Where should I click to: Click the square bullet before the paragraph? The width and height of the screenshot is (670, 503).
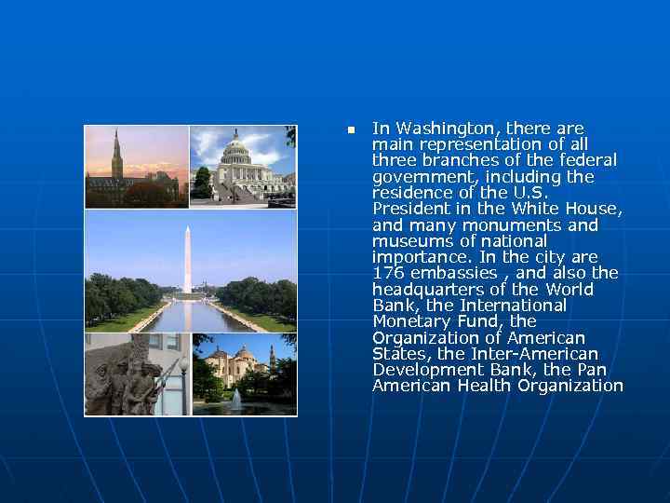[x=351, y=129]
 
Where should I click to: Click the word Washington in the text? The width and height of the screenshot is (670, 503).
[x=434, y=129]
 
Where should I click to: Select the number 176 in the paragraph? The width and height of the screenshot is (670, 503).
[x=386, y=273]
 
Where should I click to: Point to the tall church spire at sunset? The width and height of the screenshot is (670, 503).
[x=117, y=154]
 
